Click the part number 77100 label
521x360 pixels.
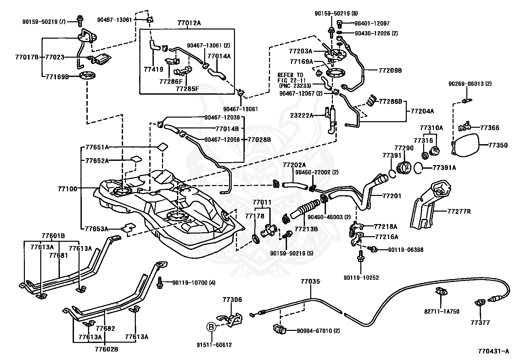click(67, 189)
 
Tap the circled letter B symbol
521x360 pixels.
click(211, 327)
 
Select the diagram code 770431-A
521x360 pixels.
click(494, 351)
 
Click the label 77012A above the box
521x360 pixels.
click(189, 23)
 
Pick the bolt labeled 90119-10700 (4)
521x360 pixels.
click(160, 283)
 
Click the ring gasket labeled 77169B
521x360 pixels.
click(87, 76)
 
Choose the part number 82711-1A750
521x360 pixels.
click(442, 312)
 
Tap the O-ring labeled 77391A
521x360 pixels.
click(418, 168)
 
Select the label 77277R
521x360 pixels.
click(459, 211)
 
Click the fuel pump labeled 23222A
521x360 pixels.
click(332, 120)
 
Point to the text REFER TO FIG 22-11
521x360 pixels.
click(291, 78)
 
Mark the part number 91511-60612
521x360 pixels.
click(214, 345)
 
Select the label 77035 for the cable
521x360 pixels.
click(310, 282)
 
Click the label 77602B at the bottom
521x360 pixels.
click(107, 349)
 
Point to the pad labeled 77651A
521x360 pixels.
click(163, 147)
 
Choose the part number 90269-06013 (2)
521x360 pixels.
click(470, 84)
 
